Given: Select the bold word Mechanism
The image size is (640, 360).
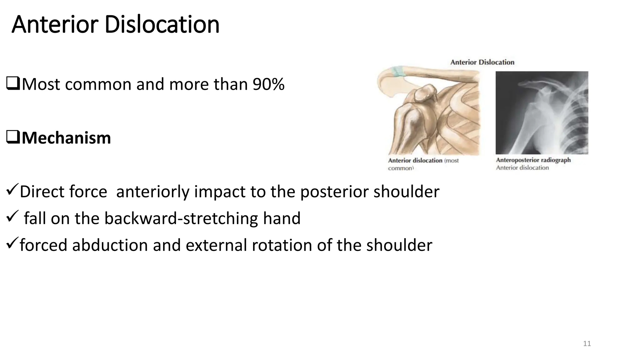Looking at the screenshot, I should point(66,138).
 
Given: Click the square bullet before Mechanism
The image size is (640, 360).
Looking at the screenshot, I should point(13,138).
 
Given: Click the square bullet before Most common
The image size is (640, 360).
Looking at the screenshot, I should point(13,84).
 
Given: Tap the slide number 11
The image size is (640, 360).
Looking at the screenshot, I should point(587,344).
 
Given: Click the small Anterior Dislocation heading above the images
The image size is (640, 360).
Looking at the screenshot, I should point(482,62).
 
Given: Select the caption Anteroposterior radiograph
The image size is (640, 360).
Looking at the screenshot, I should point(533,160).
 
